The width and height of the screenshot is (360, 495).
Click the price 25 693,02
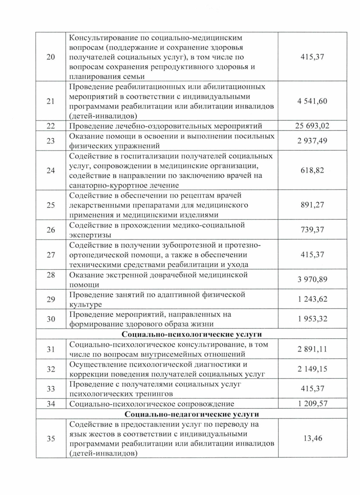click(312, 126)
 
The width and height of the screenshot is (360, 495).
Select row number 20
click(51, 57)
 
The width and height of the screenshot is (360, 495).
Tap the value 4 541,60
click(312, 101)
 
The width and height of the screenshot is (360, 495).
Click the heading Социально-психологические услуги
click(192, 334)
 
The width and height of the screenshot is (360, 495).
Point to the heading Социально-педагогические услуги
click(192, 414)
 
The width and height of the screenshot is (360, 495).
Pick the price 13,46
click(313, 438)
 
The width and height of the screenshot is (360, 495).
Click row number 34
click(51, 404)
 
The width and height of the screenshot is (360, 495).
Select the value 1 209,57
click(312, 404)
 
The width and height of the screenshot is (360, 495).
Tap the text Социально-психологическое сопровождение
click(151, 404)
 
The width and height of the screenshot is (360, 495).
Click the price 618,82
click(312, 170)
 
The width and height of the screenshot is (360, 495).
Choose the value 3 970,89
click(312, 280)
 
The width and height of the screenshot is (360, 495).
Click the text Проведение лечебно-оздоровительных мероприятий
click(166, 126)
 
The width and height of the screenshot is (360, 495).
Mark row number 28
click(51, 275)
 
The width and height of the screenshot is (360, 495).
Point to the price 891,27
click(312, 205)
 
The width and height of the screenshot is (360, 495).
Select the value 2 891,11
click(312, 349)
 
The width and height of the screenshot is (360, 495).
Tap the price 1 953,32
click(312, 319)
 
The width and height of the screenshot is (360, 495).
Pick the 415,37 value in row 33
click(312, 389)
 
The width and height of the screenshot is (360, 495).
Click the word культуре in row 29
click(85, 304)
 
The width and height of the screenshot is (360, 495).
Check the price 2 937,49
click(312, 141)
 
